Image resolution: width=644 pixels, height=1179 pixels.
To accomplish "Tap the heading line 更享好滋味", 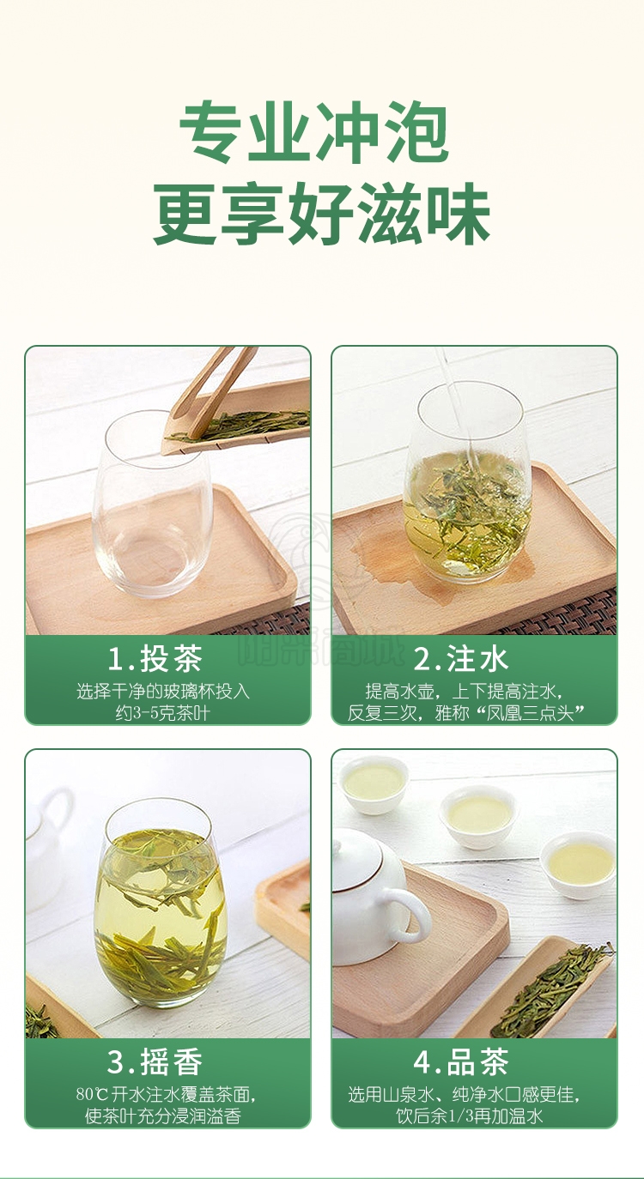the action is click(322, 213).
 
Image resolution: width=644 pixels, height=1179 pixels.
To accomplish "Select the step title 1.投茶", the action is click(155, 658).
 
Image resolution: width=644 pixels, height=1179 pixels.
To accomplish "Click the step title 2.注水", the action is click(461, 658).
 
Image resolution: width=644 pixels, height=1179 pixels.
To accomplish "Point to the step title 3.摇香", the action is click(155, 1061).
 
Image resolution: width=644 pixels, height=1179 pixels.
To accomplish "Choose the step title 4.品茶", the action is click(461, 1061).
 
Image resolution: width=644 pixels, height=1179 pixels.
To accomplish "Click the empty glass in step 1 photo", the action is click(153, 505).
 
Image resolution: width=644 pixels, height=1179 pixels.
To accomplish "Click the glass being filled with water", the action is click(467, 481).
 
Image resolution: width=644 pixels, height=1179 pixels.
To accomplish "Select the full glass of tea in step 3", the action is click(161, 904).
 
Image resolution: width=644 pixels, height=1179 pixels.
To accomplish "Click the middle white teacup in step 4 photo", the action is click(478, 818).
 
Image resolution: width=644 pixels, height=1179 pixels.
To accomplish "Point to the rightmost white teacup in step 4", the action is click(578, 865).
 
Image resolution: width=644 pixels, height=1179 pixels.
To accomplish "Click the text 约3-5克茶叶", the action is click(163, 713).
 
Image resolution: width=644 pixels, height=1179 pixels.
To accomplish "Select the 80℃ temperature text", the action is click(92, 1094).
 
